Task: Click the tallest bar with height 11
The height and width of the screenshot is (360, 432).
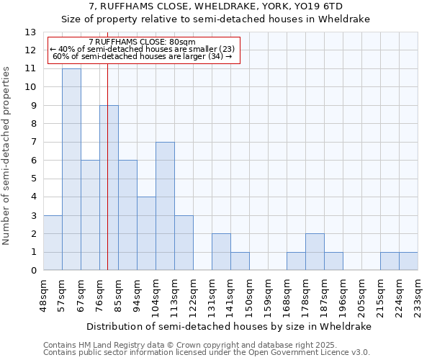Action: point(71,169)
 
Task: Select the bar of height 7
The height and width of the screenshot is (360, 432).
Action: point(165,206)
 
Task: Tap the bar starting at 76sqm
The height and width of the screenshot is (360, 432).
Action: point(109,188)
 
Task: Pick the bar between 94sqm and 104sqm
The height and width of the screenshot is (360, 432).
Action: point(146,233)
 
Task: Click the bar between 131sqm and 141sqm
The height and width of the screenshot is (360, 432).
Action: point(221,252)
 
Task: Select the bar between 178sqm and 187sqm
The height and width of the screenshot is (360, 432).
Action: point(315,252)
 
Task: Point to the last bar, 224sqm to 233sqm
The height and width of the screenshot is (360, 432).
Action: point(408,261)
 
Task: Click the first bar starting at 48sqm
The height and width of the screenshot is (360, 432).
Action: point(53,243)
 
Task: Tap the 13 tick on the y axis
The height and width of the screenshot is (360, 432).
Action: point(31,32)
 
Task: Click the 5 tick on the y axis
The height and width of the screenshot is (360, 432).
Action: point(33,179)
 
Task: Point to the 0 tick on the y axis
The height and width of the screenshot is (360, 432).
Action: point(33,271)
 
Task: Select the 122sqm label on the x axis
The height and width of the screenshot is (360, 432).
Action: point(193,294)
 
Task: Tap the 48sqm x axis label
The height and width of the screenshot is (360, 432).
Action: point(43,292)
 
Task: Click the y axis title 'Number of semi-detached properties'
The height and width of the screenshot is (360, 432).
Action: point(8,156)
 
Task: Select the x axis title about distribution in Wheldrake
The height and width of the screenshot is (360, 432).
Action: point(230,326)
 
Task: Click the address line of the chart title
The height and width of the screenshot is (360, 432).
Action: point(216,6)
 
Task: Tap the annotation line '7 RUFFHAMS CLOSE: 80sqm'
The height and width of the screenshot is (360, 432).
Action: point(142,42)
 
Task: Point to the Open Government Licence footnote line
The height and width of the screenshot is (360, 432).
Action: point(207,352)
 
